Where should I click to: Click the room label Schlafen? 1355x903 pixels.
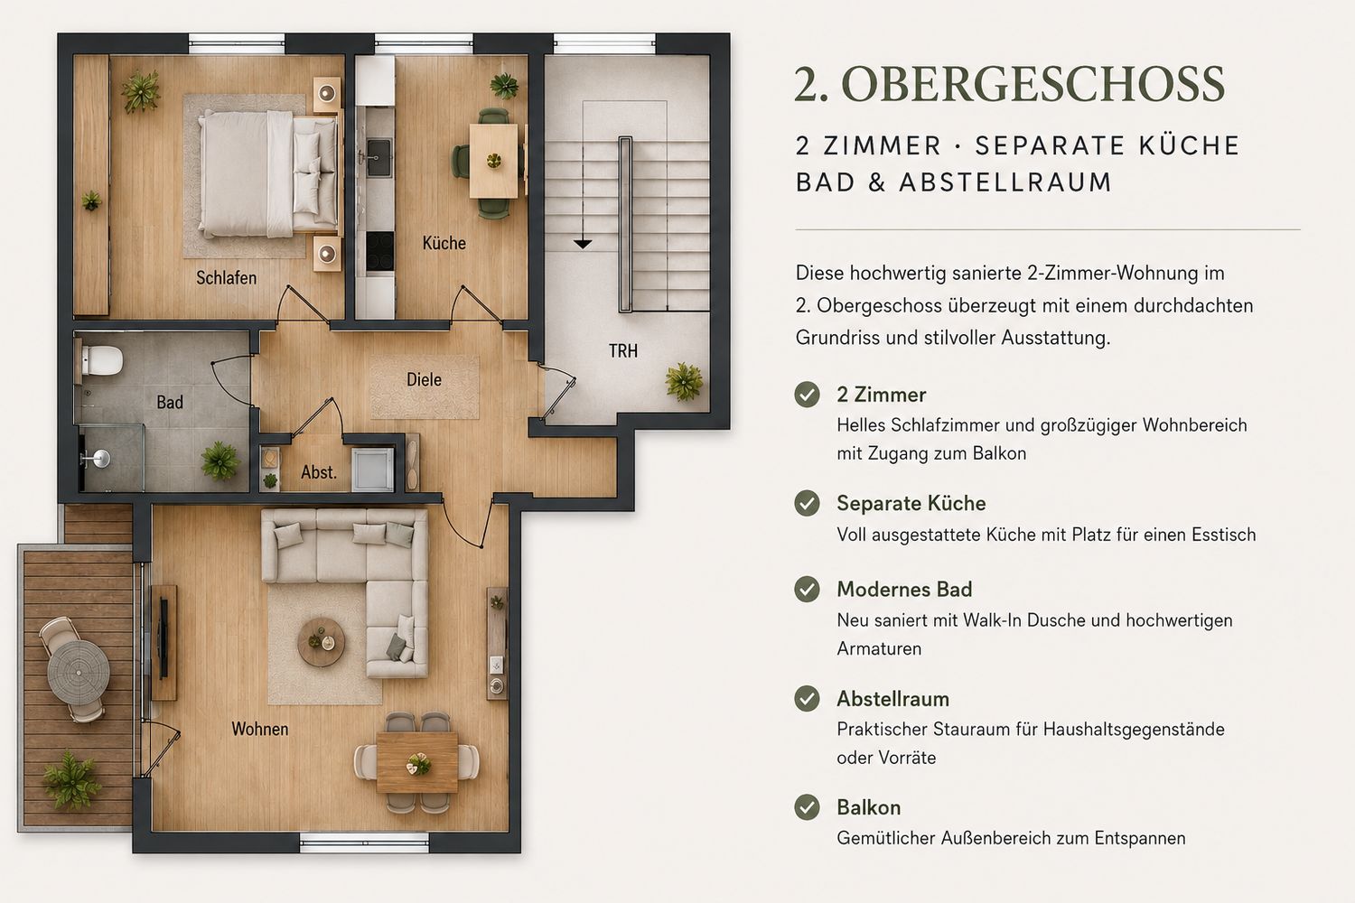(226, 277)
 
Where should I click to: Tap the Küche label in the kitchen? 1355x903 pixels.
(444, 243)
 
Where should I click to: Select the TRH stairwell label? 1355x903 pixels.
(623, 350)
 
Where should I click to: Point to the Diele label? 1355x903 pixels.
(424, 380)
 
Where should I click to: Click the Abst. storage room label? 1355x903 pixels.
(319, 472)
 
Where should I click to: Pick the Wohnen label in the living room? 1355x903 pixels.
(260, 729)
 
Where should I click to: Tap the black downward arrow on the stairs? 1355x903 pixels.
(583, 245)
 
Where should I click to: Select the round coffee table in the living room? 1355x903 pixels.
(322, 642)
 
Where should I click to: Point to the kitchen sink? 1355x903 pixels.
(379, 157)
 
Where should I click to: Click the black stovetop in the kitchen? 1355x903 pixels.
(379, 252)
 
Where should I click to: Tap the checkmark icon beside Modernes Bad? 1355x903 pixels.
(807, 589)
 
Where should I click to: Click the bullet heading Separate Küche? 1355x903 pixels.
(911, 503)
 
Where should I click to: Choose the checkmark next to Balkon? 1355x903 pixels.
(807, 807)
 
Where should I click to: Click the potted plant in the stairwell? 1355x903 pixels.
(684, 382)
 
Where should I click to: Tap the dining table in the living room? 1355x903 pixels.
(416, 762)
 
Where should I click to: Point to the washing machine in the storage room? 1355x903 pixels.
(372, 470)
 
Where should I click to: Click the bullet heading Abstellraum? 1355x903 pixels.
(892, 699)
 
